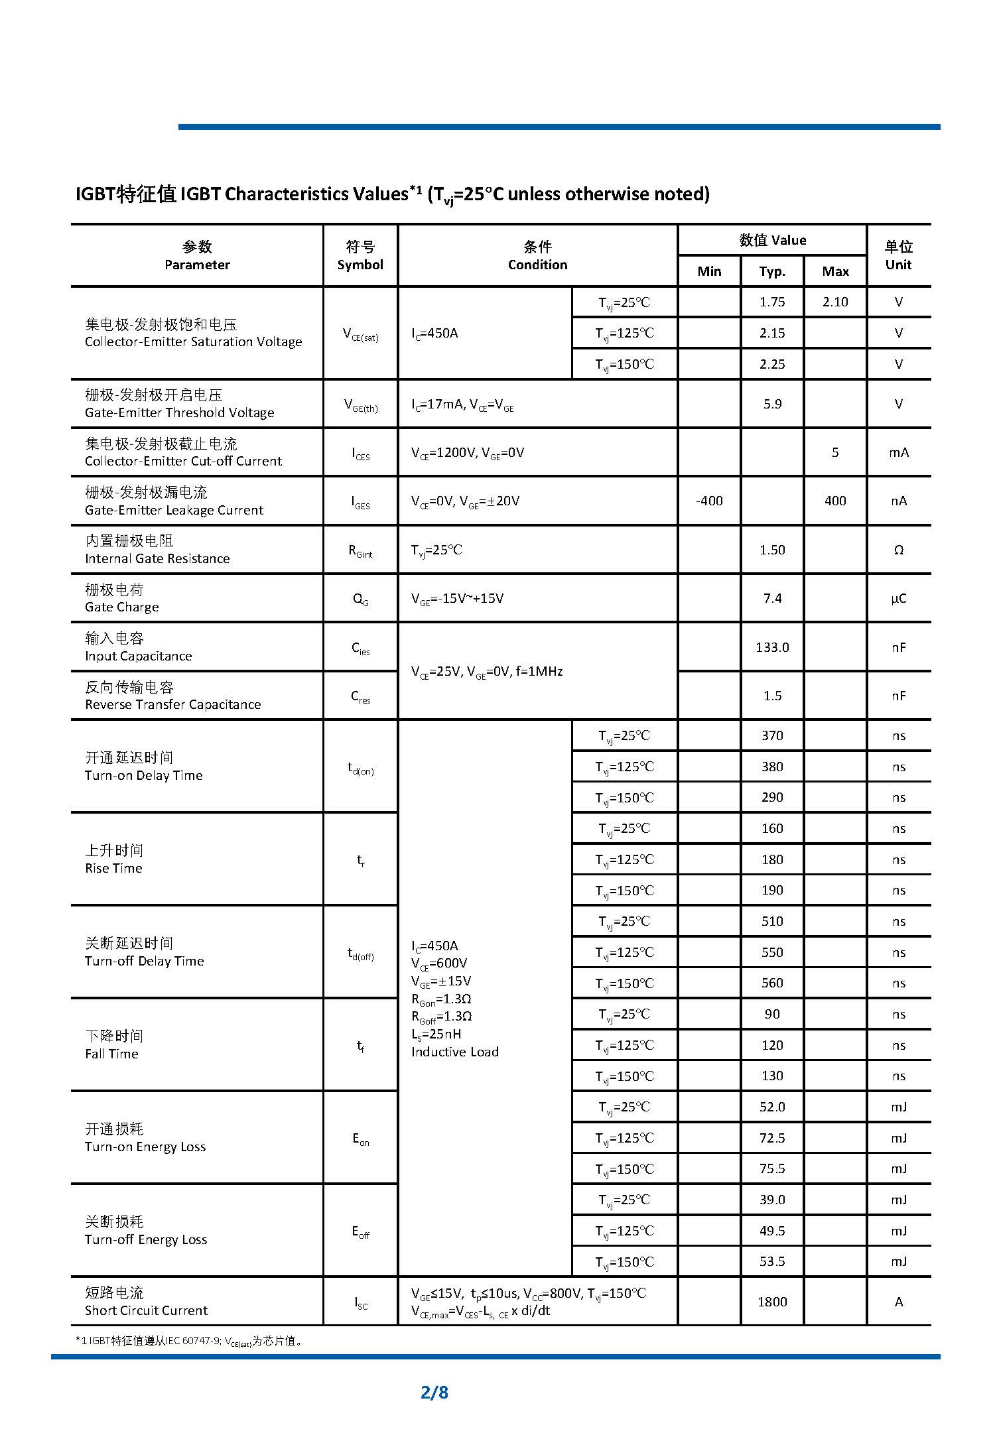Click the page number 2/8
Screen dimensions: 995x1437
tap(434, 1391)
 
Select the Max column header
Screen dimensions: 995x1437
tap(835, 271)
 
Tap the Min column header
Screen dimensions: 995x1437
tap(709, 271)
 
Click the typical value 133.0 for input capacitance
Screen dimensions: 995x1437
tap(772, 647)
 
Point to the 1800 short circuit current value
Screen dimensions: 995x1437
tap(772, 1302)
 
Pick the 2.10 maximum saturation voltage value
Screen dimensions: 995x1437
tap(835, 302)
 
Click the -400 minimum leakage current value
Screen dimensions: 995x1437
tap(709, 501)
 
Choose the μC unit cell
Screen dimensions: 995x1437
tap(899, 598)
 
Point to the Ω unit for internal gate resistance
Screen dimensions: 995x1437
tap(899, 550)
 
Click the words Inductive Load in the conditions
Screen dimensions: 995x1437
tap(454, 1052)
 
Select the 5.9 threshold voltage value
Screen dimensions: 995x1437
tap(772, 404)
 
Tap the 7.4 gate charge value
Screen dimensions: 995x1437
tap(772, 598)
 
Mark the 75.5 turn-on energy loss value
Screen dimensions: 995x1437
tap(772, 1168)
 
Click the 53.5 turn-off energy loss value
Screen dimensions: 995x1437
tap(772, 1261)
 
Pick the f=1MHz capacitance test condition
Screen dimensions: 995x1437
tap(539, 671)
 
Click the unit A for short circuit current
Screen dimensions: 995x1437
tap(899, 1302)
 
